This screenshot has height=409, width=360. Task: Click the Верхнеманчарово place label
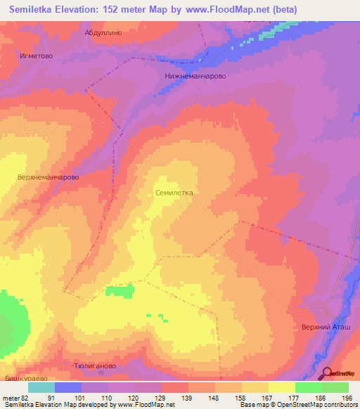[48, 178]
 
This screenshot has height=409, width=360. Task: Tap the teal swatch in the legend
[41, 387]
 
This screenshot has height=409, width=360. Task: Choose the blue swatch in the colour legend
[68, 387]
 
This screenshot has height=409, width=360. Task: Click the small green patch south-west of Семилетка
[119, 290]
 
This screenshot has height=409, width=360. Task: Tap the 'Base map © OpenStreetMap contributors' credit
[297, 405]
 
